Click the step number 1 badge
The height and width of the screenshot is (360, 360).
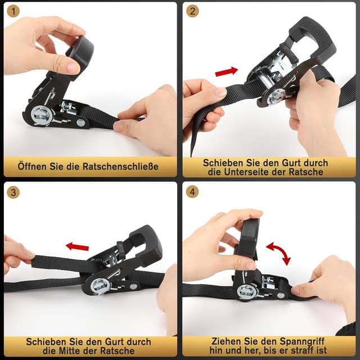click(x=13, y=12)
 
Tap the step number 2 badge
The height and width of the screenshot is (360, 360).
click(x=192, y=12)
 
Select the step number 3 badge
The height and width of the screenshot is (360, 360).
click(x=13, y=192)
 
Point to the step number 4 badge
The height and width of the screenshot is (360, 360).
click(x=192, y=192)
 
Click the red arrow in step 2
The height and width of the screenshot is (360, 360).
click(x=226, y=71)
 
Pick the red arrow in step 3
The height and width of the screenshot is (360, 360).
click(x=77, y=246)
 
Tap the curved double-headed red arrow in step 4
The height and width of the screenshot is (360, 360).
click(x=278, y=253)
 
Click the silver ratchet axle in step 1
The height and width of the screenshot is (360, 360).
click(x=43, y=115)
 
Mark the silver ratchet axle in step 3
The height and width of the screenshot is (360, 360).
click(x=101, y=286)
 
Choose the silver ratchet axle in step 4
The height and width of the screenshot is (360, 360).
click(x=246, y=291)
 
